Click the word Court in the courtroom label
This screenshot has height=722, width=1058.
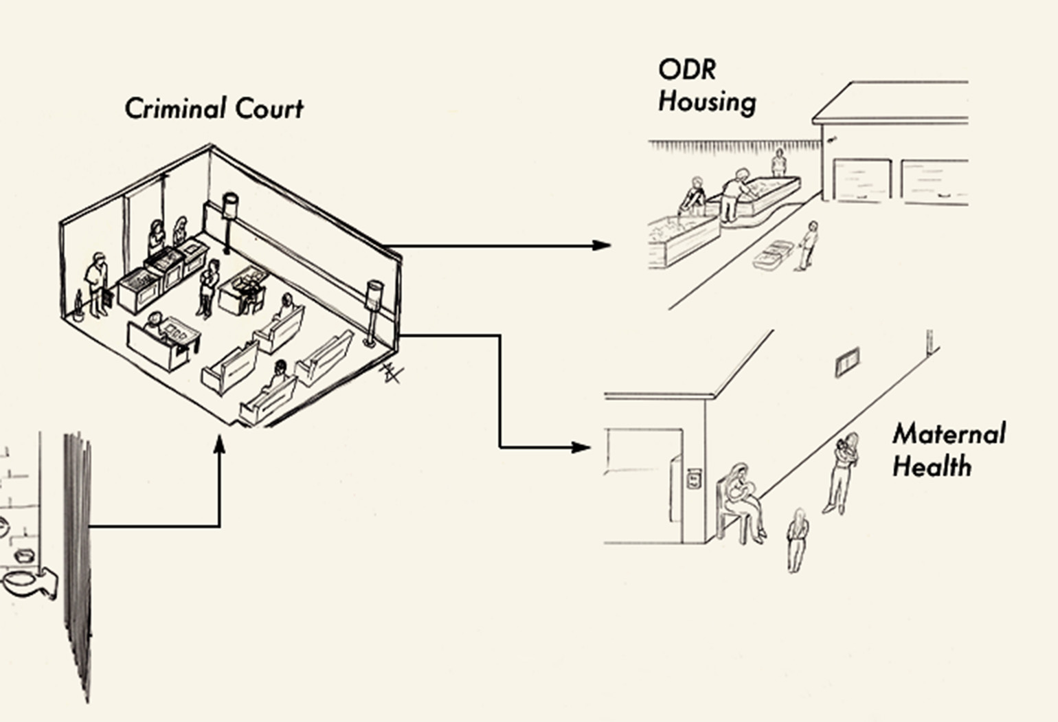270,108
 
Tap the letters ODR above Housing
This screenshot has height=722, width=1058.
687,70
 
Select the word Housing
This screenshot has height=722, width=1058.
707,102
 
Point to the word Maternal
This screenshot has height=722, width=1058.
949,434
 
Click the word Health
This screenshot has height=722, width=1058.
932,466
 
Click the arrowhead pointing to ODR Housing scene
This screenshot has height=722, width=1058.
602,245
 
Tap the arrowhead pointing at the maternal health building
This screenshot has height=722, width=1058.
581,447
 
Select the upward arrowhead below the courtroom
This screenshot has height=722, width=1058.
219,444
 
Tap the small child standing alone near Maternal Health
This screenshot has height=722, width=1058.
797,540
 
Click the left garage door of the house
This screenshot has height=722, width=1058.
862,179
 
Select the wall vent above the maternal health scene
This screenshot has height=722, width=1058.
847,362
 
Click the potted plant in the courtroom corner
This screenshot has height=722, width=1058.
78,306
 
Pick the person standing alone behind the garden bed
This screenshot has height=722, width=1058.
779,162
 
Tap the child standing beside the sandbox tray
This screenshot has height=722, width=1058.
808,245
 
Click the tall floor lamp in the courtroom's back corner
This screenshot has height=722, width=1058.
229,223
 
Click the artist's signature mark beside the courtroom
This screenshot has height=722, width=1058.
392,373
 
